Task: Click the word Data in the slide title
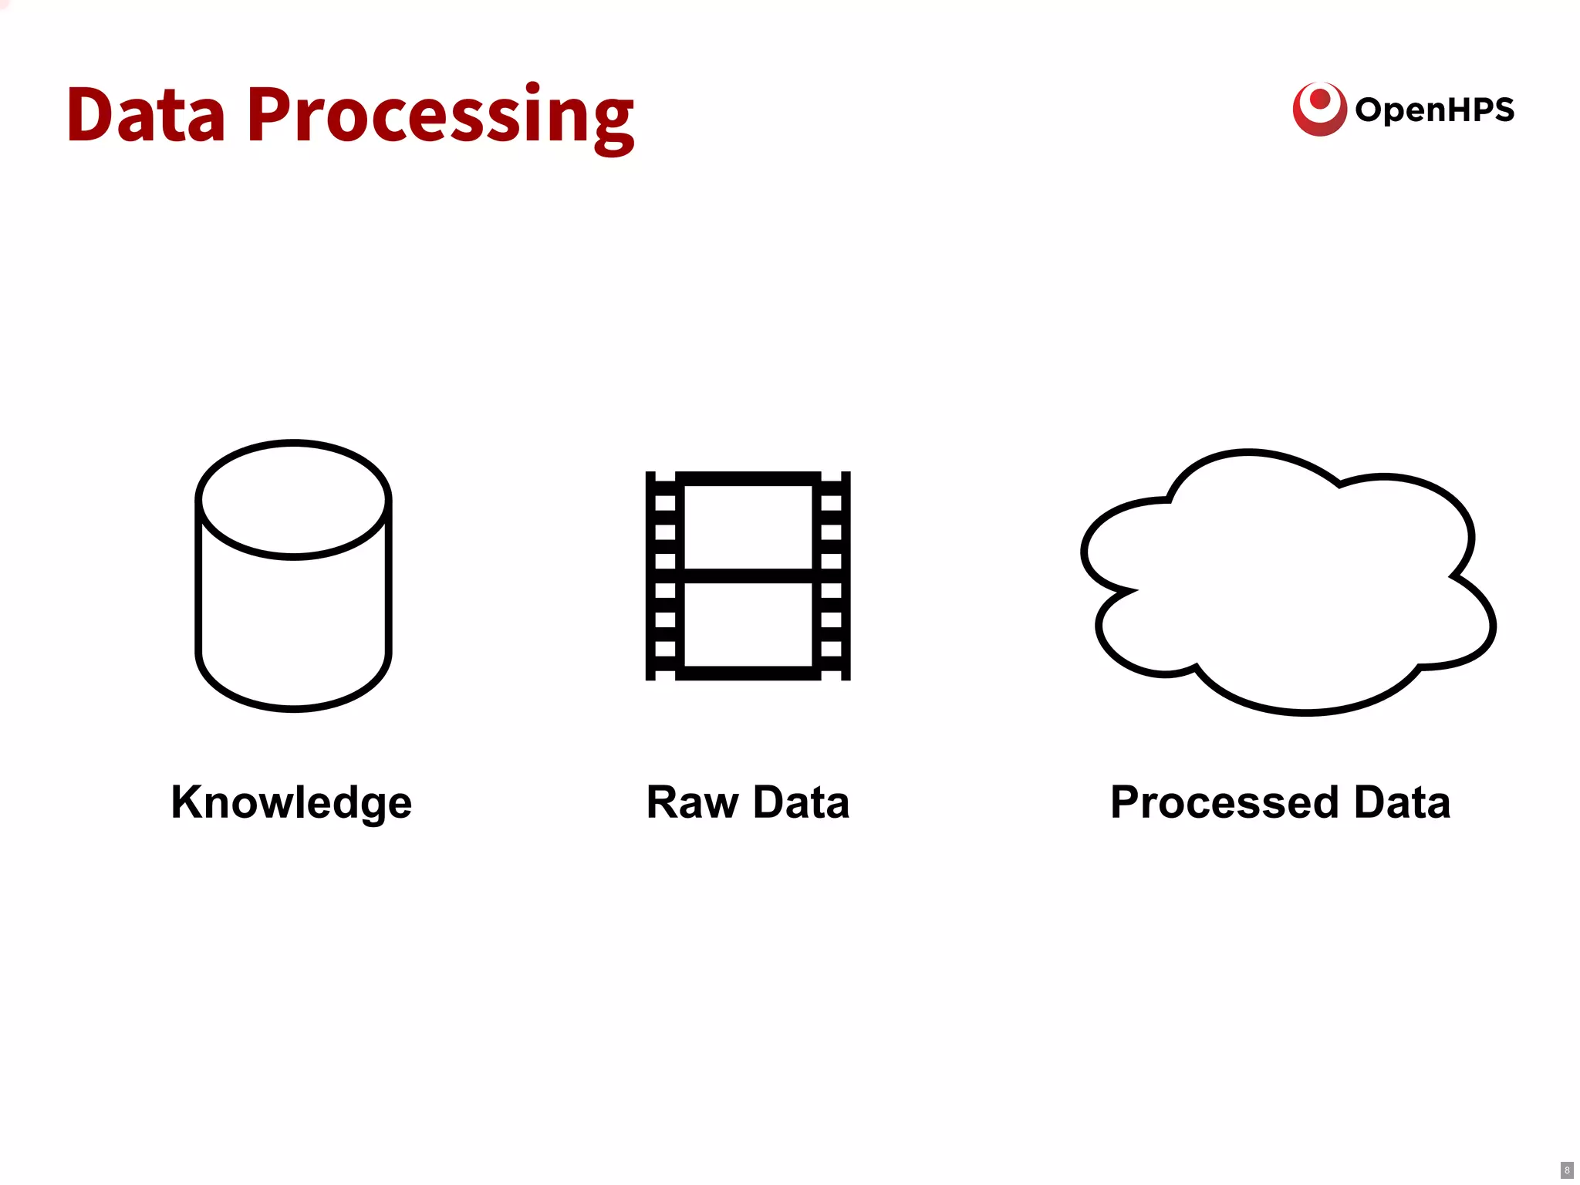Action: point(147,116)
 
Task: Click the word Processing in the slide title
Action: point(440,117)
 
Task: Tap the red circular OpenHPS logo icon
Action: point(1319,109)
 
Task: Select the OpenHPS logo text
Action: point(1435,110)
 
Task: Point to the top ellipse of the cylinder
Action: point(293,499)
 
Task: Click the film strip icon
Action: point(748,576)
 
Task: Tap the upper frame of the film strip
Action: point(748,526)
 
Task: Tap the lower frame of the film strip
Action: point(748,623)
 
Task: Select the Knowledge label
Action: point(292,803)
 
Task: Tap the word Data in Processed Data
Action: point(1402,802)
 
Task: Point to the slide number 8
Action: point(1567,1170)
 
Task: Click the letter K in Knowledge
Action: point(187,802)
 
